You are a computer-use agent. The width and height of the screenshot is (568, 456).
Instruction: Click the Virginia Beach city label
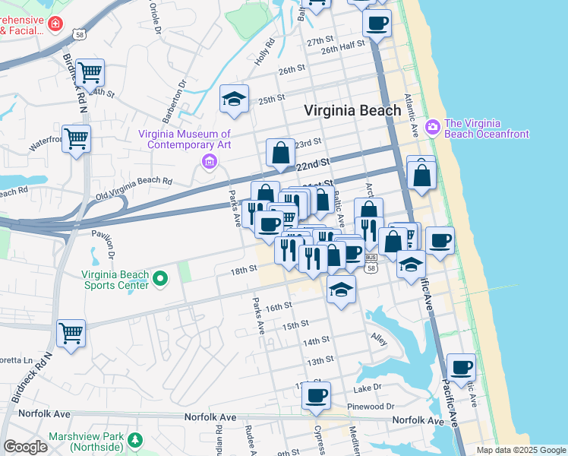point(352,110)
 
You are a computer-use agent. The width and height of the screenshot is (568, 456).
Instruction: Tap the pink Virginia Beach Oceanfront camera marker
point(434,125)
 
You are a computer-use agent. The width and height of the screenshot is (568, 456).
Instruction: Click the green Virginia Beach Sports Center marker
point(160,280)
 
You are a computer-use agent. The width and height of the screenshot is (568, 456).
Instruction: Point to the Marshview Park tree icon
point(134,440)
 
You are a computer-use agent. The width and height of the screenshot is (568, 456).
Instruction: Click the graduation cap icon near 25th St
point(235,99)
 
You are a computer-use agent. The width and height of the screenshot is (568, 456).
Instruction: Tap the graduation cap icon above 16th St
point(341,290)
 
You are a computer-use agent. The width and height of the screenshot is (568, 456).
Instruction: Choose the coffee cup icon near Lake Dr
point(316,395)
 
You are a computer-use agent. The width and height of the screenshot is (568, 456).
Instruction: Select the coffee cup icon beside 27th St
point(376,23)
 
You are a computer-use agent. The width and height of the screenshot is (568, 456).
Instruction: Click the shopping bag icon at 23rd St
point(280,153)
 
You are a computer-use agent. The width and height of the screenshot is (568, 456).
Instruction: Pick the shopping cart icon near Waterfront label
point(76,139)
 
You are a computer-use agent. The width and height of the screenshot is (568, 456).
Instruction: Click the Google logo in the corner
point(26,447)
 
